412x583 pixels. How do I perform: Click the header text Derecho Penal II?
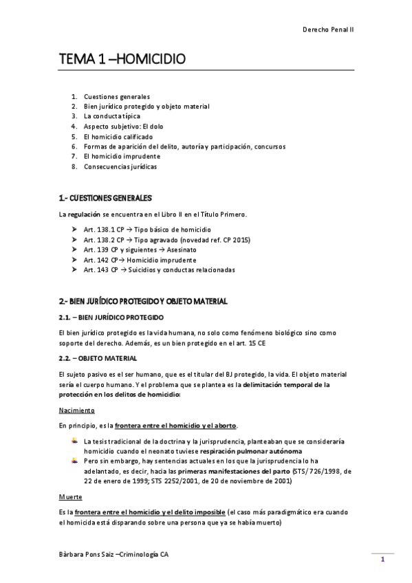[x=328, y=30]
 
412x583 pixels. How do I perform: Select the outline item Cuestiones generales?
[x=117, y=97]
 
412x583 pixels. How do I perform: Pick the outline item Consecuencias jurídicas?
[x=120, y=166]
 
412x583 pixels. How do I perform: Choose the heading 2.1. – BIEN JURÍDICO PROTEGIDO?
[x=111, y=318]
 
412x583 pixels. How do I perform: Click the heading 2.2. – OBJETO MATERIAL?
[x=98, y=359]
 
